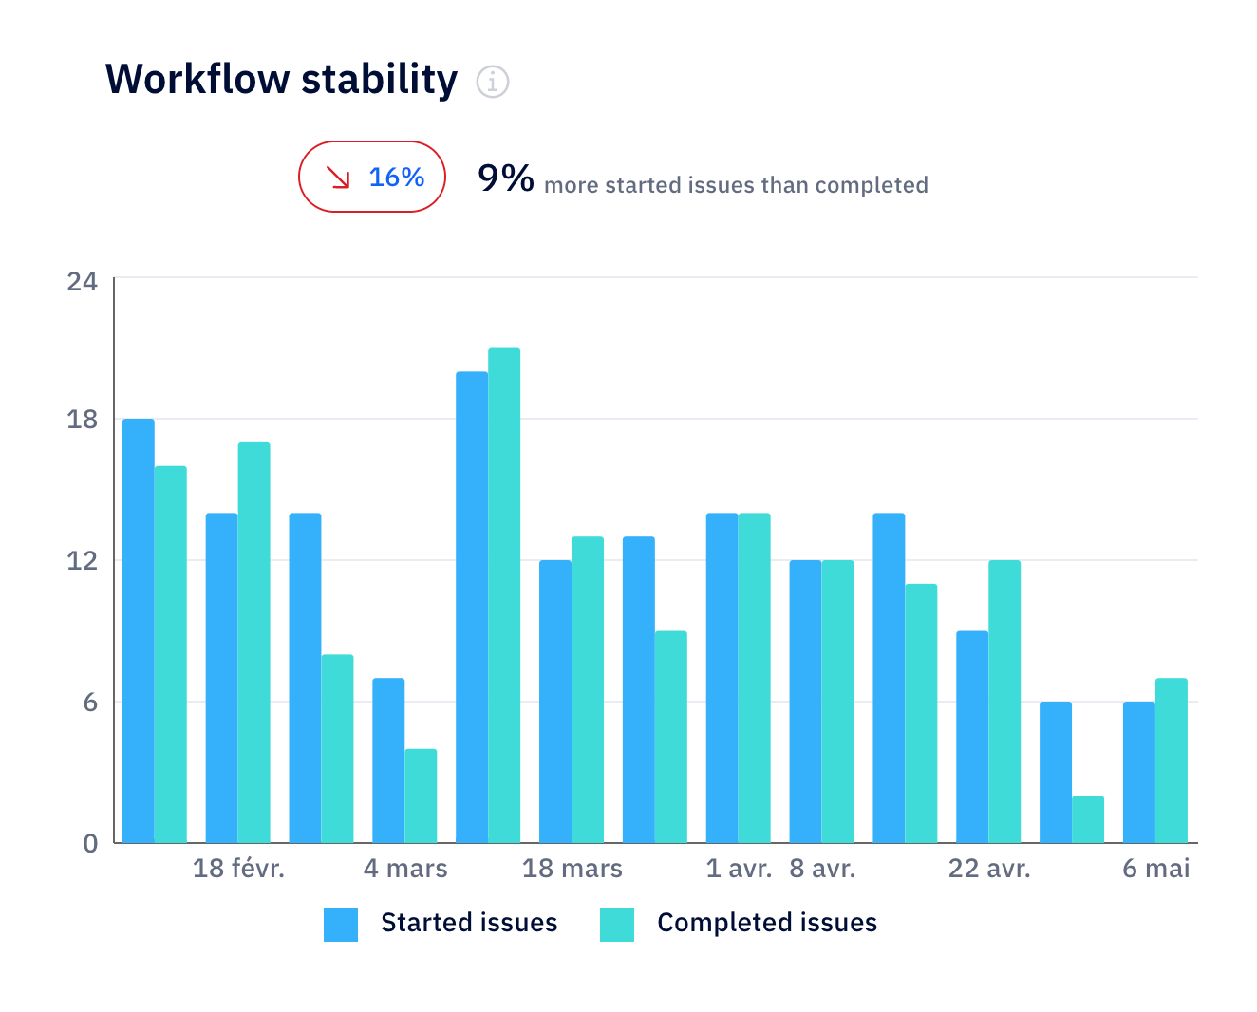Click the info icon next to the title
[492, 82]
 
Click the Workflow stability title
[281, 79]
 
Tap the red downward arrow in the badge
[338, 177]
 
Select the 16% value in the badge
[396, 177]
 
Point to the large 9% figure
[505, 178]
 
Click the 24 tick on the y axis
[83, 281]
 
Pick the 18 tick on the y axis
[83, 420]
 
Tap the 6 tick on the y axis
[89, 703]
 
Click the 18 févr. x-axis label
[238, 869]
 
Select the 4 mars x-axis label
[405, 869]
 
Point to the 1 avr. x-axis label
[739, 869]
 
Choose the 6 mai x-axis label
[1155, 869]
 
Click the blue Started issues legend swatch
[341, 924]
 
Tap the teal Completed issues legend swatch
[617, 924]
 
